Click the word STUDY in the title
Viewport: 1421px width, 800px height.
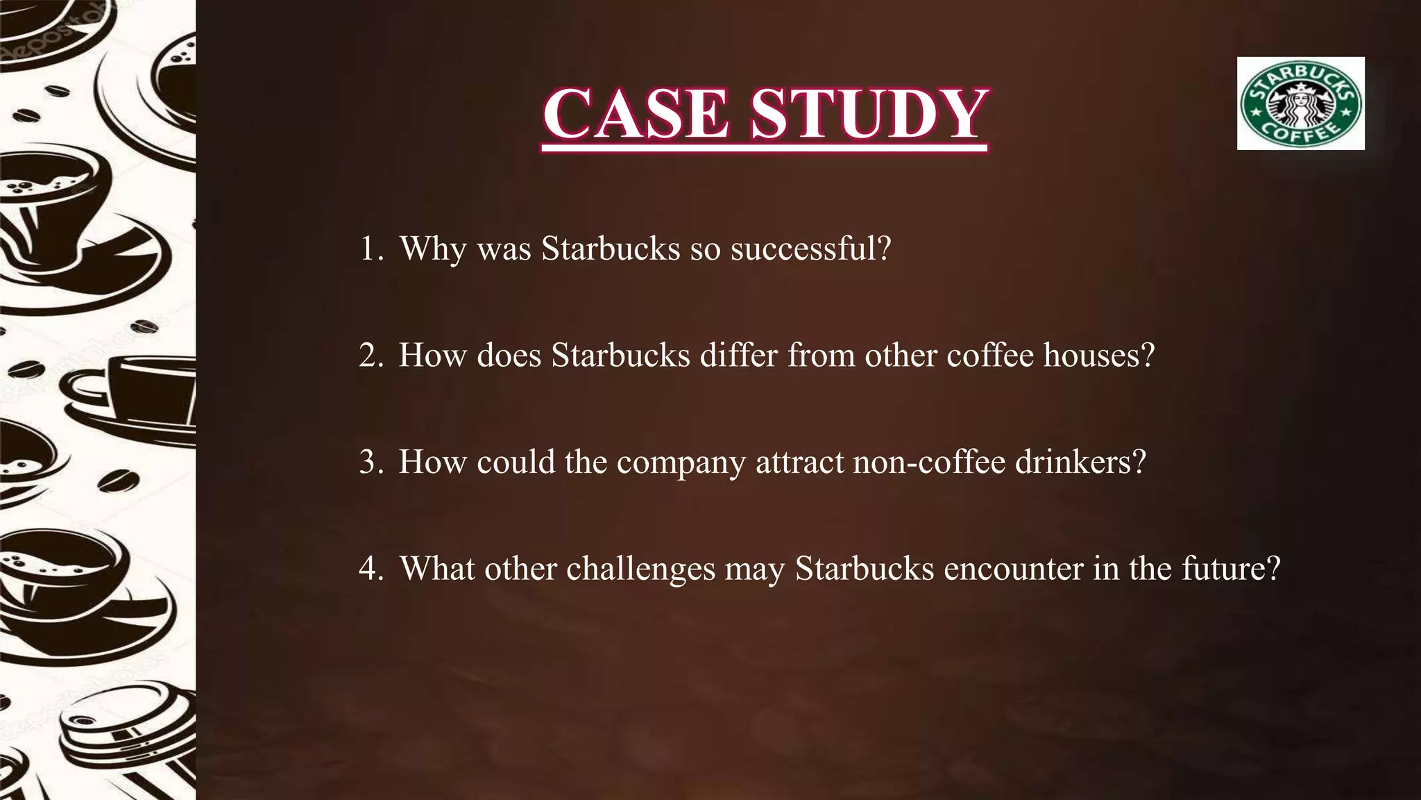(x=869, y=114)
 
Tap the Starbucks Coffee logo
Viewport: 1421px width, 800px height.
(x=1300, y=103)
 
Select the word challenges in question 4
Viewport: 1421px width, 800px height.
(x=640, y=569)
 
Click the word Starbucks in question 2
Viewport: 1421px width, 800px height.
(x=620, y=355)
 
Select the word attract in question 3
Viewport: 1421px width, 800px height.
(x=799, y=462)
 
